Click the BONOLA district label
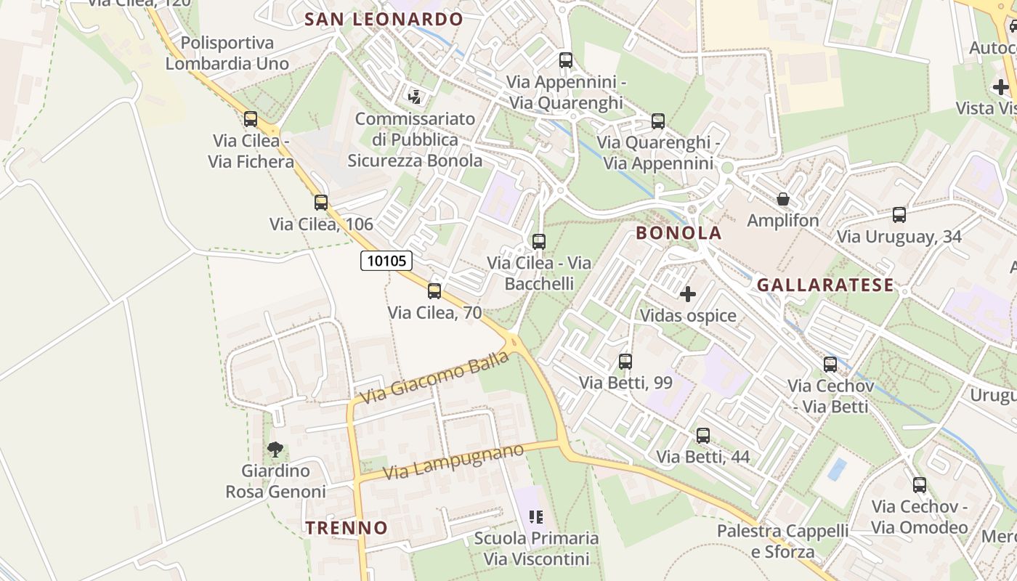point(678,233)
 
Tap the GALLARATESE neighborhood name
point(825,285)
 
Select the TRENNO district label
point(347,528)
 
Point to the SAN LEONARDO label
point(384,20)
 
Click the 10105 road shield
point(386,261)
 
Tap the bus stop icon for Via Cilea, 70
point(434,291)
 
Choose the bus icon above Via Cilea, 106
point(321,203)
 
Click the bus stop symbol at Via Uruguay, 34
point(899,215)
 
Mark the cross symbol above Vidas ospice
point(687,294)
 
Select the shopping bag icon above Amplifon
point(783,199)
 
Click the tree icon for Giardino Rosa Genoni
point(275,450)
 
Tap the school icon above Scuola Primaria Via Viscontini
point(536,517)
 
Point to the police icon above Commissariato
point(415,97)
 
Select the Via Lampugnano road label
point(453,462)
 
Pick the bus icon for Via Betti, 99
point(625,361)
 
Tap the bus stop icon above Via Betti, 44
point(702,436)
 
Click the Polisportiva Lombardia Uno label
point(227,53)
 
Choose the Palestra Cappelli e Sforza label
point(782,542)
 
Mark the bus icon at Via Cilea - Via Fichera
point(251,119)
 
